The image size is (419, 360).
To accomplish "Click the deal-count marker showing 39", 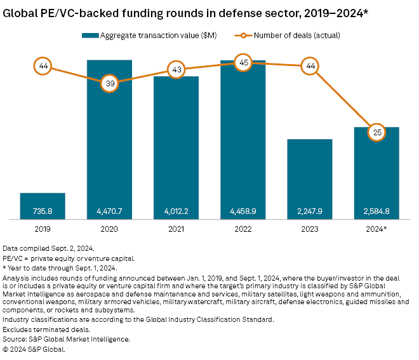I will pos(109,83).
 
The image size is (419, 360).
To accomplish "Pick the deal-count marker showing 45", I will pos(243,62).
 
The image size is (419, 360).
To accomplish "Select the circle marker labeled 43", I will pos(176,69).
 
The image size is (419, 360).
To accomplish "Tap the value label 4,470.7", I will pos(109,210).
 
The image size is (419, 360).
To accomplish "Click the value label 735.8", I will pos(43,210).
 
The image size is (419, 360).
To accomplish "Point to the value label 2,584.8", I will pos(376,210).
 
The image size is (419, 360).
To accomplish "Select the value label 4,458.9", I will pos(243,210).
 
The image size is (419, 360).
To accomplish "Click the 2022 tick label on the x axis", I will pos(243,229).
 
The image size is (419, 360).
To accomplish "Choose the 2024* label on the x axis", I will pos(376,229).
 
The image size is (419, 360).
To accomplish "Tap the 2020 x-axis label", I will pos(109,229).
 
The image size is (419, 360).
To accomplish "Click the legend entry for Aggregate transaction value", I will pos(151,35).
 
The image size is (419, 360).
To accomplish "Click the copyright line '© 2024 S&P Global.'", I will pos(34,349).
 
